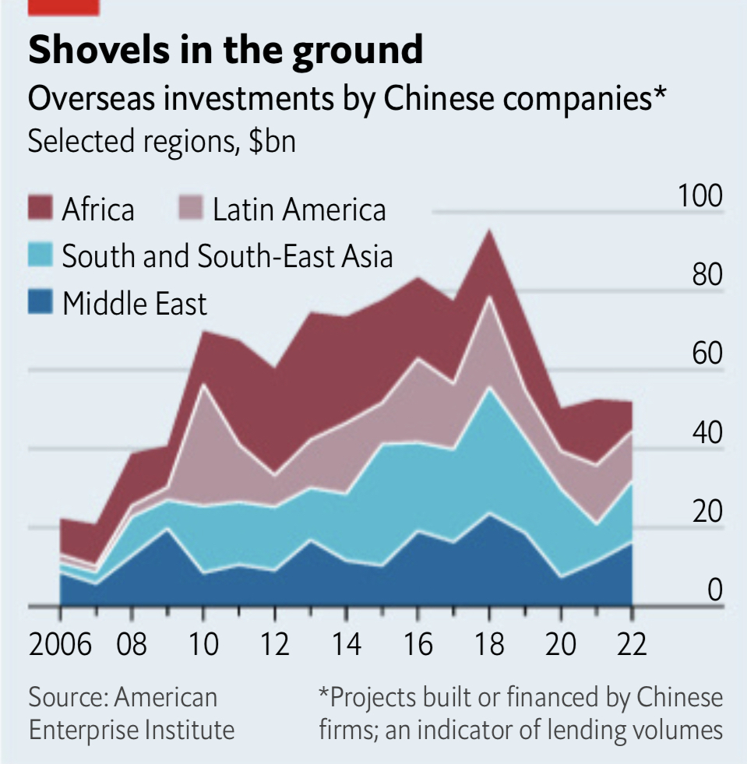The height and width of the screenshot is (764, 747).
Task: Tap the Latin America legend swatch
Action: (x=189, y=209)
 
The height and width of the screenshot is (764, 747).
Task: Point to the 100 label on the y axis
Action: (x=700, y=196)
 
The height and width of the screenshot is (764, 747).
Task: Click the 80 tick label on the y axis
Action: (x=705, y=276)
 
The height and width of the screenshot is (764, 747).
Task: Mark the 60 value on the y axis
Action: (x=705, y=354)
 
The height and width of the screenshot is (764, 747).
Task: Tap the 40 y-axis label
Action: (x=705, y=433)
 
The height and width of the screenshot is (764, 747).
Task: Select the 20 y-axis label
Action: (x=705, y=512)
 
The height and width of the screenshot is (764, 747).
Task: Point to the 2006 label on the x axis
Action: (x=60, y=646)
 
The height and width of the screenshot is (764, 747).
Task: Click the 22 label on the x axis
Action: (x=631, y=646)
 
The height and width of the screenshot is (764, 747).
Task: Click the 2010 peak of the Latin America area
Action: (x=203, y=386)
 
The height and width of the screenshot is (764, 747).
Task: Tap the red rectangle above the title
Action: (x=63, y=7)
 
